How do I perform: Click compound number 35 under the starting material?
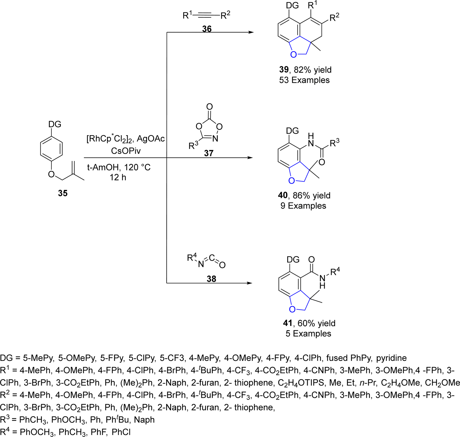point(63,193)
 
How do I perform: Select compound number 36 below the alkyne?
point(207,29)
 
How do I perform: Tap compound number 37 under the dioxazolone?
point(209,153)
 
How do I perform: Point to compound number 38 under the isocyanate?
point(211,279)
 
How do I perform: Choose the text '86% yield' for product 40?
point(311,195)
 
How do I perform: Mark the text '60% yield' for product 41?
point(316,323)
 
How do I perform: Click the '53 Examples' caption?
point(304,80)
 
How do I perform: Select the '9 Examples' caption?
point(303,206)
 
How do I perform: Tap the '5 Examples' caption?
point(308,333)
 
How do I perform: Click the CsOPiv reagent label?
point(126,151)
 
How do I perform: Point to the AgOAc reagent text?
point(151,139)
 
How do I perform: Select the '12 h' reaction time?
point(118,177)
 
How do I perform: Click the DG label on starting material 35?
point(55,124)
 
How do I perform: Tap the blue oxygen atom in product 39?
point(294,54)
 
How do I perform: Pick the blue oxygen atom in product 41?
point(292,309)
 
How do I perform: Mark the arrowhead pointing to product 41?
point(249,283)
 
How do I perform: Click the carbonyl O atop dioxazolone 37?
point(210,107)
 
